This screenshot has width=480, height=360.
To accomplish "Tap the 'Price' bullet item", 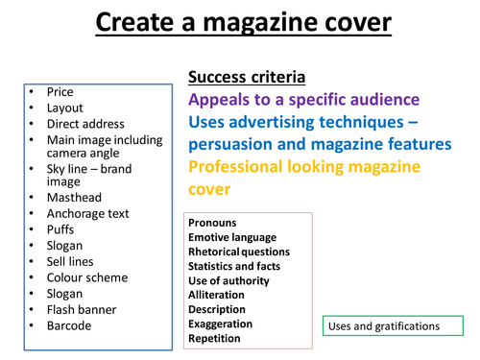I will (60, 92).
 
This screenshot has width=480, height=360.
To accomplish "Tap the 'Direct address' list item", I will (85, 125).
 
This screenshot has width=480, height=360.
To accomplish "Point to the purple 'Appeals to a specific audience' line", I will (303, 99).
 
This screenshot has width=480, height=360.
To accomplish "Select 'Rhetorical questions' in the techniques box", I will (239, 252).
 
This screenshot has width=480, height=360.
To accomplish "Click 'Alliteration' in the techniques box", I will (217, 295).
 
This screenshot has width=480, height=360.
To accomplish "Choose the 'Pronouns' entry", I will (212, 223).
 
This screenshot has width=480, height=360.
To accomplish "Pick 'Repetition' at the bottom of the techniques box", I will (215, 338).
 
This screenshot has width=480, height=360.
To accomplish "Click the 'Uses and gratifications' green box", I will (384, 326).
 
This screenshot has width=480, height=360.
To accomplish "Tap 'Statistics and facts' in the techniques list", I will (235, 266).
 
